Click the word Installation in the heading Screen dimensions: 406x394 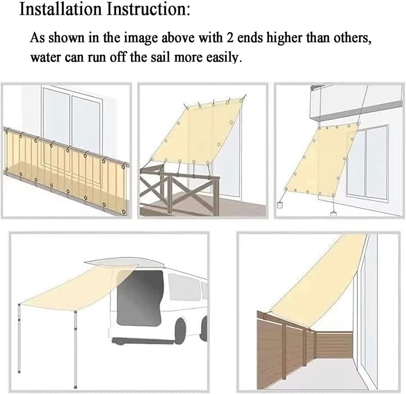pos(60,9)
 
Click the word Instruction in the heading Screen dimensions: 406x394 pos(148,9)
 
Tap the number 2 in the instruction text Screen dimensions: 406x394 pos(230,38)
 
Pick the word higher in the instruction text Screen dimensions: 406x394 pos(284,38)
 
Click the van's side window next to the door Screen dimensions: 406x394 pos(184,287)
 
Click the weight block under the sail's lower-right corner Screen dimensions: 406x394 pos(333,214)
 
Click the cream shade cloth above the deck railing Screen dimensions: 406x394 pos(196,131)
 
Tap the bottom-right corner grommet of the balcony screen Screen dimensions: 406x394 pos(123,211)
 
